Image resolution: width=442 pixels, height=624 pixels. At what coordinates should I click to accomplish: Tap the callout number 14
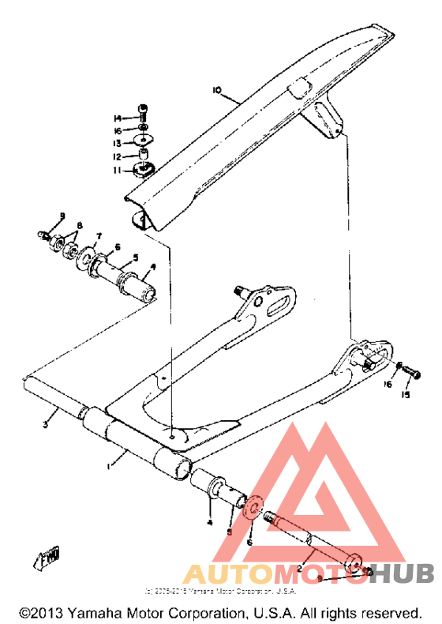pyautogui.click(x=118, y=118)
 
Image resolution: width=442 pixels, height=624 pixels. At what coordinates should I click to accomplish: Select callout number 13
pyautogui.click(x=117, y=143)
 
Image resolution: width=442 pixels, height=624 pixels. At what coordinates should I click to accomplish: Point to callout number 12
pyautogui.click(x=117, y=156)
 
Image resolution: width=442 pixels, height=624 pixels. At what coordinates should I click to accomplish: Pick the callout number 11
pyautogui.click(x=116, y=169)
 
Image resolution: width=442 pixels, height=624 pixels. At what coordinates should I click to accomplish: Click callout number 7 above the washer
pyautogui.click(x=99, y=236)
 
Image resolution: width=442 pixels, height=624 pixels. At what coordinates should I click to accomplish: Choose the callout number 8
pyautogui.click(x=77, y=227)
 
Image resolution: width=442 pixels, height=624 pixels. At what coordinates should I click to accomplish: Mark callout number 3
pyautogui.click(x=46, y=425)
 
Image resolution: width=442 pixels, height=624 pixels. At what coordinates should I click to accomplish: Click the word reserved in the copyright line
pyautogui.click(x=391, y=613)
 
